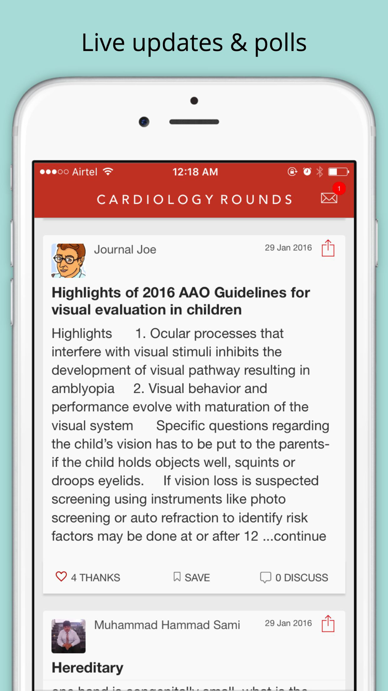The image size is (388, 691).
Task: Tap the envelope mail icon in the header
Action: pyautogui.click(x=329, y=198)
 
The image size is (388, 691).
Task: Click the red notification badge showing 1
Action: pyautogui.click(x=339, y=188)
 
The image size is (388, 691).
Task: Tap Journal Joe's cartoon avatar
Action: pyautogui.click(x=69, y=260)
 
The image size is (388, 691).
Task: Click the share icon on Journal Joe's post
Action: pyautogui.click(x=328, y=248)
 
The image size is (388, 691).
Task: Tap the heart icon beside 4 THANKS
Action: pyautogui.click(x=61, y=576)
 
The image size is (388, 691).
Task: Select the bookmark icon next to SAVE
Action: pyautogui.click(x=177, y=577)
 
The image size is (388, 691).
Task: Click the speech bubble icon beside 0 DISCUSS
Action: pyautogui.click(x=265, y=577)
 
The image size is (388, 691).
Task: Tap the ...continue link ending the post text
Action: pyautogui.click(x=294, y=536)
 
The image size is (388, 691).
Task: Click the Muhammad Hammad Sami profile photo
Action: pyautogui.click(x=69, y=636)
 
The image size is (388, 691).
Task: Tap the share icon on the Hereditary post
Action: pyautogui.click(x=328, y=624)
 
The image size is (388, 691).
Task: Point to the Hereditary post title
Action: pyautogui.click(x=88, y=668)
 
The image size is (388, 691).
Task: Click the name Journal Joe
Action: pyautogui.click(x=125, y=250)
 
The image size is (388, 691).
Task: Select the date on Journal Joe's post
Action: pyautogui.click(x=288, y=248)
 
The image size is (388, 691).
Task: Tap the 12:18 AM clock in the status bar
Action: pyautogui.click(x=195, y=172)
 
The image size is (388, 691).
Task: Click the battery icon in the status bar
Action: pyautogui.click(x=338, y=172)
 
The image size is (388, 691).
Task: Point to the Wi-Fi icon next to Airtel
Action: pyautogui.click(x=108, y=171)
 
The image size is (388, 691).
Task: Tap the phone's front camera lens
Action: pyautogui.click(x=144, y=122)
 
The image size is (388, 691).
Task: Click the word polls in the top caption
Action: pyautogui.click(x=280, y=43)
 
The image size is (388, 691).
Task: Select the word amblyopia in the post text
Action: pyautogui.click(x=83, y=389)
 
